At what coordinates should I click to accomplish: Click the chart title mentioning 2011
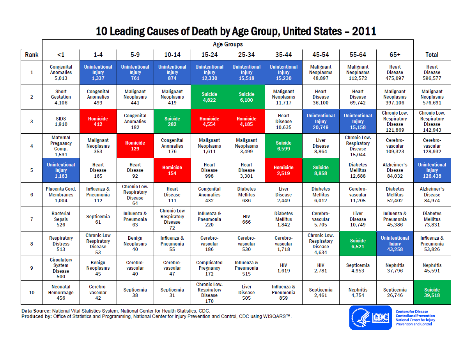(x=236, y=31)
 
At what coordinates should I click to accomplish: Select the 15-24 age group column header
(x=209, y=55)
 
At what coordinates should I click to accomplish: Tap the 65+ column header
(x=395, y=55)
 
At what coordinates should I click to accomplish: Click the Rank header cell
(x=32, y=55)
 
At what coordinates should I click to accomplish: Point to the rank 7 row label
(x=32, y=219)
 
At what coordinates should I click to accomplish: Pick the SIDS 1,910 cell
(x=61, y=122)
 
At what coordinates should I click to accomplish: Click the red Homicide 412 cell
(x=98, y=122)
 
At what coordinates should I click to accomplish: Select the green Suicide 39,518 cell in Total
(x=432, y=292)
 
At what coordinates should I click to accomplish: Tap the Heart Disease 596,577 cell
(x=432, y=72)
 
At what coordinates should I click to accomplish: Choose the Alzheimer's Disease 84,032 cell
(x=395, y=170)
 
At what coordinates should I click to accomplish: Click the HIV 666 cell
(x=246, y=219)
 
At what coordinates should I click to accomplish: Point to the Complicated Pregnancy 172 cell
(x=209, y=268)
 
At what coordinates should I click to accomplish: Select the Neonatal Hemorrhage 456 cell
(x=61, y=292)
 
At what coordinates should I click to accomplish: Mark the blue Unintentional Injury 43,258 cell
(x=395, y=244)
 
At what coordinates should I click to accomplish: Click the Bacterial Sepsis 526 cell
(x=61, y=219)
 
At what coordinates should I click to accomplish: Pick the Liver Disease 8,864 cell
(x=320, y=146)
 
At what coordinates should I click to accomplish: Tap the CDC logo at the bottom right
(x=370, y=318)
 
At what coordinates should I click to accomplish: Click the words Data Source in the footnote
(x=35, y=311)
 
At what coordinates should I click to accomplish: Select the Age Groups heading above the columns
(x=228, y=44)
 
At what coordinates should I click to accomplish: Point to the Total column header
(x=432, y=55)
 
